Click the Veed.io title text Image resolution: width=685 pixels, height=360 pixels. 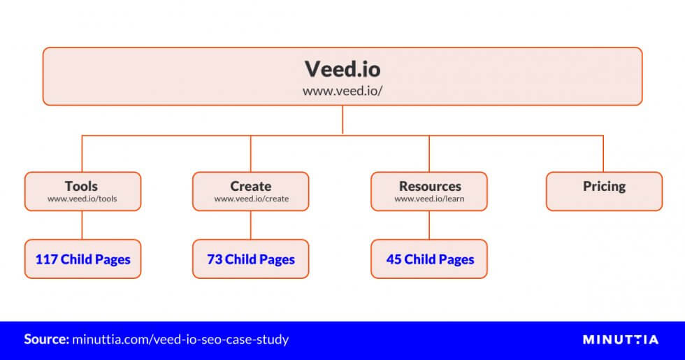(342, 69)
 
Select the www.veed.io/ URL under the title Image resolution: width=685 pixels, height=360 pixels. (342, 91)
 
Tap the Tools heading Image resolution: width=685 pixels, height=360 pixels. (81, 186)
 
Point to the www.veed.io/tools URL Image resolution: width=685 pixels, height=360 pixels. (82, 199)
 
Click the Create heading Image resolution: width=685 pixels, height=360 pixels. (251, 186)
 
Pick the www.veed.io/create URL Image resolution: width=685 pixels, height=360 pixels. (251, 199)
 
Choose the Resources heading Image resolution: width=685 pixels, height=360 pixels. (430, 186)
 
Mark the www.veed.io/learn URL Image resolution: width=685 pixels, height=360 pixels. (429, 199)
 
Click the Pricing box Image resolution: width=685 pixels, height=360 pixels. (604, 192)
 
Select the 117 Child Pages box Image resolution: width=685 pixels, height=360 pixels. (82, 259)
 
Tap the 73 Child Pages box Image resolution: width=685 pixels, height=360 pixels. (251, 259)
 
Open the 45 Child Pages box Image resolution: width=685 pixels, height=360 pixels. (429, 259)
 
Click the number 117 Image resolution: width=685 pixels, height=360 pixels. (46, 259)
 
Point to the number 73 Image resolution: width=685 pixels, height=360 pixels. (215, 259)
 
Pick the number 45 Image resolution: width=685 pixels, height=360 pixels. (394, 259)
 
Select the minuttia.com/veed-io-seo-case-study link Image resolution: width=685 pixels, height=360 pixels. (180, 340)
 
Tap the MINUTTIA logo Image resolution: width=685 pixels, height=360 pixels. (621, 340)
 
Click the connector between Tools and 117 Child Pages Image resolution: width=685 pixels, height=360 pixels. (82, 225)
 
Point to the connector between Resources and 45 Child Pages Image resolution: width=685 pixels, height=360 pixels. (429, 225)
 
